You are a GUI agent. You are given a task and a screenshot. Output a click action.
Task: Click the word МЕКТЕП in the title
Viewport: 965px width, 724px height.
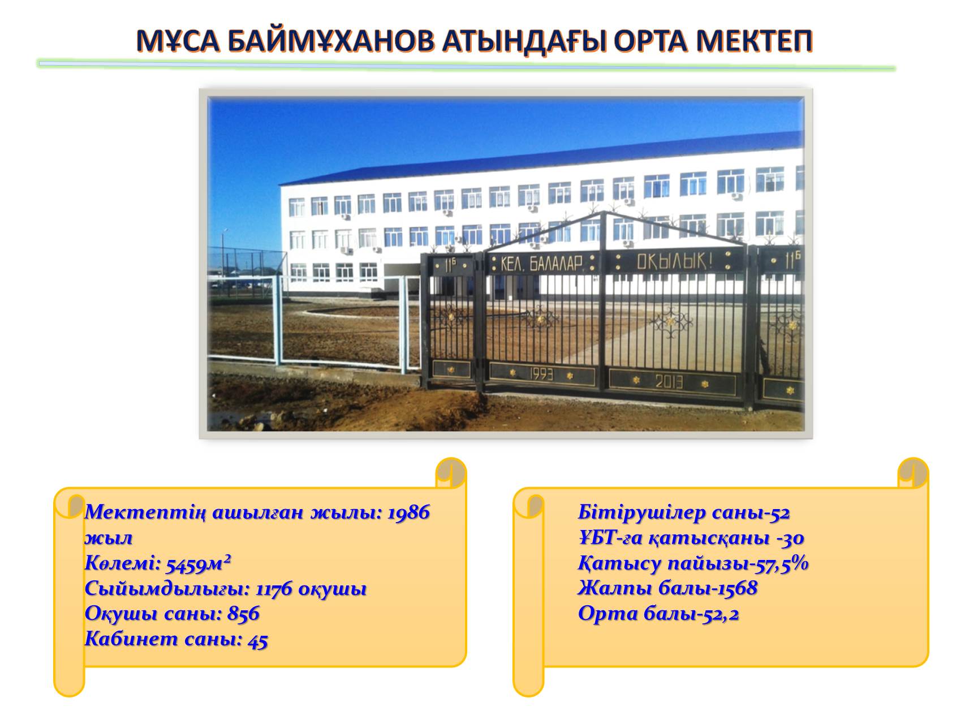(755, 41)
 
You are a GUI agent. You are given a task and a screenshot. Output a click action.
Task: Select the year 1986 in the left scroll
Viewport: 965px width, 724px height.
(408, 512)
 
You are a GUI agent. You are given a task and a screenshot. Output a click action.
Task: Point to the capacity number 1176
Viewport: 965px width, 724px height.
(274, 589)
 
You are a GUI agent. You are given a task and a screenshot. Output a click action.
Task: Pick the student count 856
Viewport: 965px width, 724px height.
(243, 614)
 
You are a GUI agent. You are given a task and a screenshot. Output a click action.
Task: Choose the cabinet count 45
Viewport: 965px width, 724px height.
(258, 640)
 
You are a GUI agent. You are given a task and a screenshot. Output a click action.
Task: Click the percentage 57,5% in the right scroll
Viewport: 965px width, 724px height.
(784, 563)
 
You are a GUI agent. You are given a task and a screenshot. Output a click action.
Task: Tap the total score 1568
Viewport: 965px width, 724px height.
(738, 588)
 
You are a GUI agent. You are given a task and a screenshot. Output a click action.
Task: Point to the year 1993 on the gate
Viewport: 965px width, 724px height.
(541, 374)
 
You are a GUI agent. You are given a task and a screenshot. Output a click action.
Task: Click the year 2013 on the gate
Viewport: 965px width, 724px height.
(669, 382)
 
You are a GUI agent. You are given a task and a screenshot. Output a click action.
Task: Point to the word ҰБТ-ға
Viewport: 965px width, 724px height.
(610, 538)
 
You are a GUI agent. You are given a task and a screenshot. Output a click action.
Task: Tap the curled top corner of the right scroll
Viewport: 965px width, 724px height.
(913, 473)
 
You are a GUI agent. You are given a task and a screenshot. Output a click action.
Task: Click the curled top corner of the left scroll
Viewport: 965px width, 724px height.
(451, 473)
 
